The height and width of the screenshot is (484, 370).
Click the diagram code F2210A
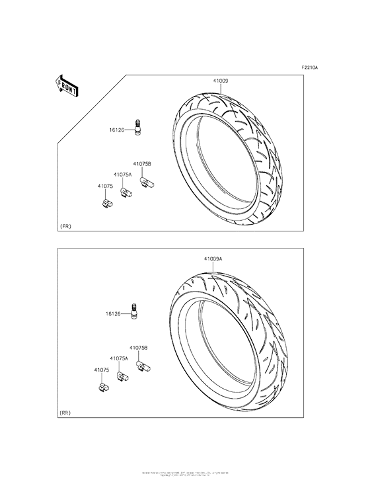[x=309, y=68]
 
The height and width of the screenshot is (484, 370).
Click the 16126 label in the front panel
[x=118, y=131]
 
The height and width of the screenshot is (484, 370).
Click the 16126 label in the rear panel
[x=112, y=314]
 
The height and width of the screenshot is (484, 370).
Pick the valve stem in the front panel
[x=138, y=127]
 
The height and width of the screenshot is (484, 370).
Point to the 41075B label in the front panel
[x=142, y=163]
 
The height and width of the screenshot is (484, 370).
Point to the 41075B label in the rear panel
[x=138, y=347]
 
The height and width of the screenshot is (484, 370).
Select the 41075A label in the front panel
[x=123, y=175]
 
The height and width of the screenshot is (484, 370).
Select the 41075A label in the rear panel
[x=119, y=358]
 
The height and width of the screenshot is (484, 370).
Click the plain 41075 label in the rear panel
[x=101, y=370]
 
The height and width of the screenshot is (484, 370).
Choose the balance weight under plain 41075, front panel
[x=106, y=204]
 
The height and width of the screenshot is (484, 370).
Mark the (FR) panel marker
[x=65, y=226]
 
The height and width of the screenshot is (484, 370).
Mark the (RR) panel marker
[x=65, y=413]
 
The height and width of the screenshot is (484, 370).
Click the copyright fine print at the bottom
[x=185, y=474]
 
